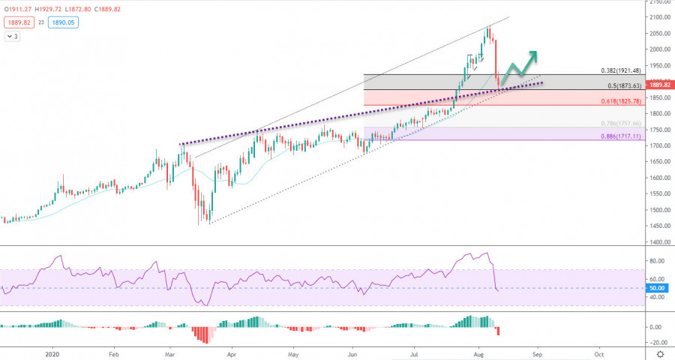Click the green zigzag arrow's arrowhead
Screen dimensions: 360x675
533,54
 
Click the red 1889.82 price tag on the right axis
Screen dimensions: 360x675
659,85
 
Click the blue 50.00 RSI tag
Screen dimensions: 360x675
658,288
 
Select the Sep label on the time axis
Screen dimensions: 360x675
537,352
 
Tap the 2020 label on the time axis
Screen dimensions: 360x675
52,352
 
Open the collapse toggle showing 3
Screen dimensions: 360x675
13,36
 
